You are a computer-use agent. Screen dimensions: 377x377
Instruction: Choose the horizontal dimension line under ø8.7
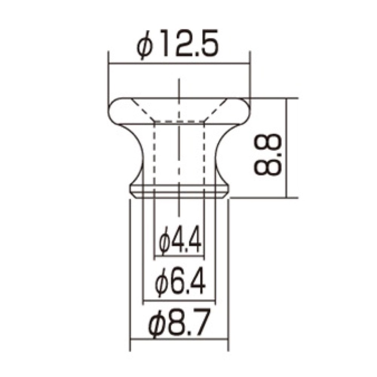[179, 340]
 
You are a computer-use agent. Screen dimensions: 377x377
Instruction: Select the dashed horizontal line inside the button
[179, 121]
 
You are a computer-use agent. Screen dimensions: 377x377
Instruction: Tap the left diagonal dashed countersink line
[143, 109]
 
